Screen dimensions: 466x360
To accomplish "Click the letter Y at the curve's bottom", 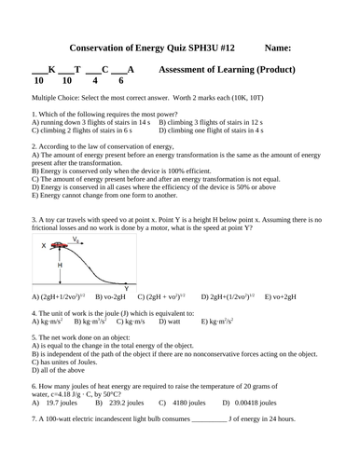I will [125, 288].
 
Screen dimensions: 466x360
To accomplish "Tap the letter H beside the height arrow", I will [60, 265].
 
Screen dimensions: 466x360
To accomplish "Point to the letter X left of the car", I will [44, 246].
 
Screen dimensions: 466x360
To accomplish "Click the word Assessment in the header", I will [192, 70].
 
